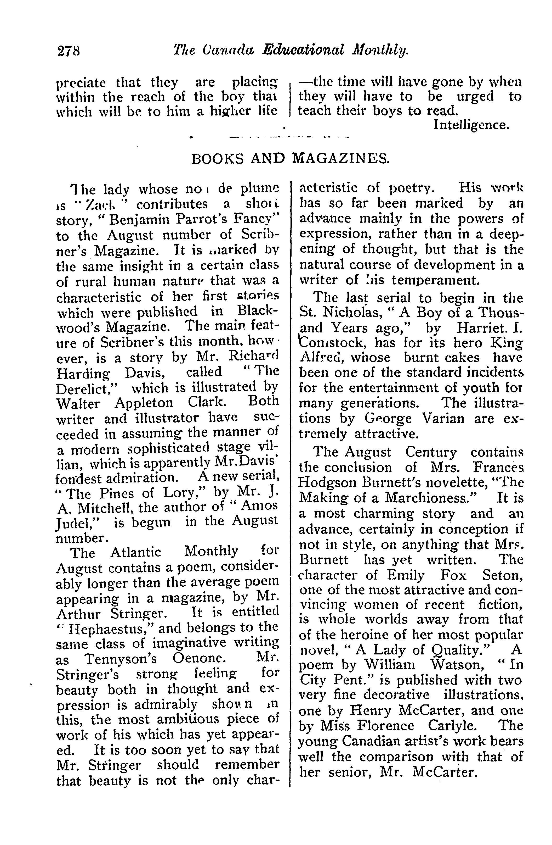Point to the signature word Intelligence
(x=471, y=125)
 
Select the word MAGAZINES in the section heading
(x=340, y=159)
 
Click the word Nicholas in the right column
(x=355, y=313)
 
